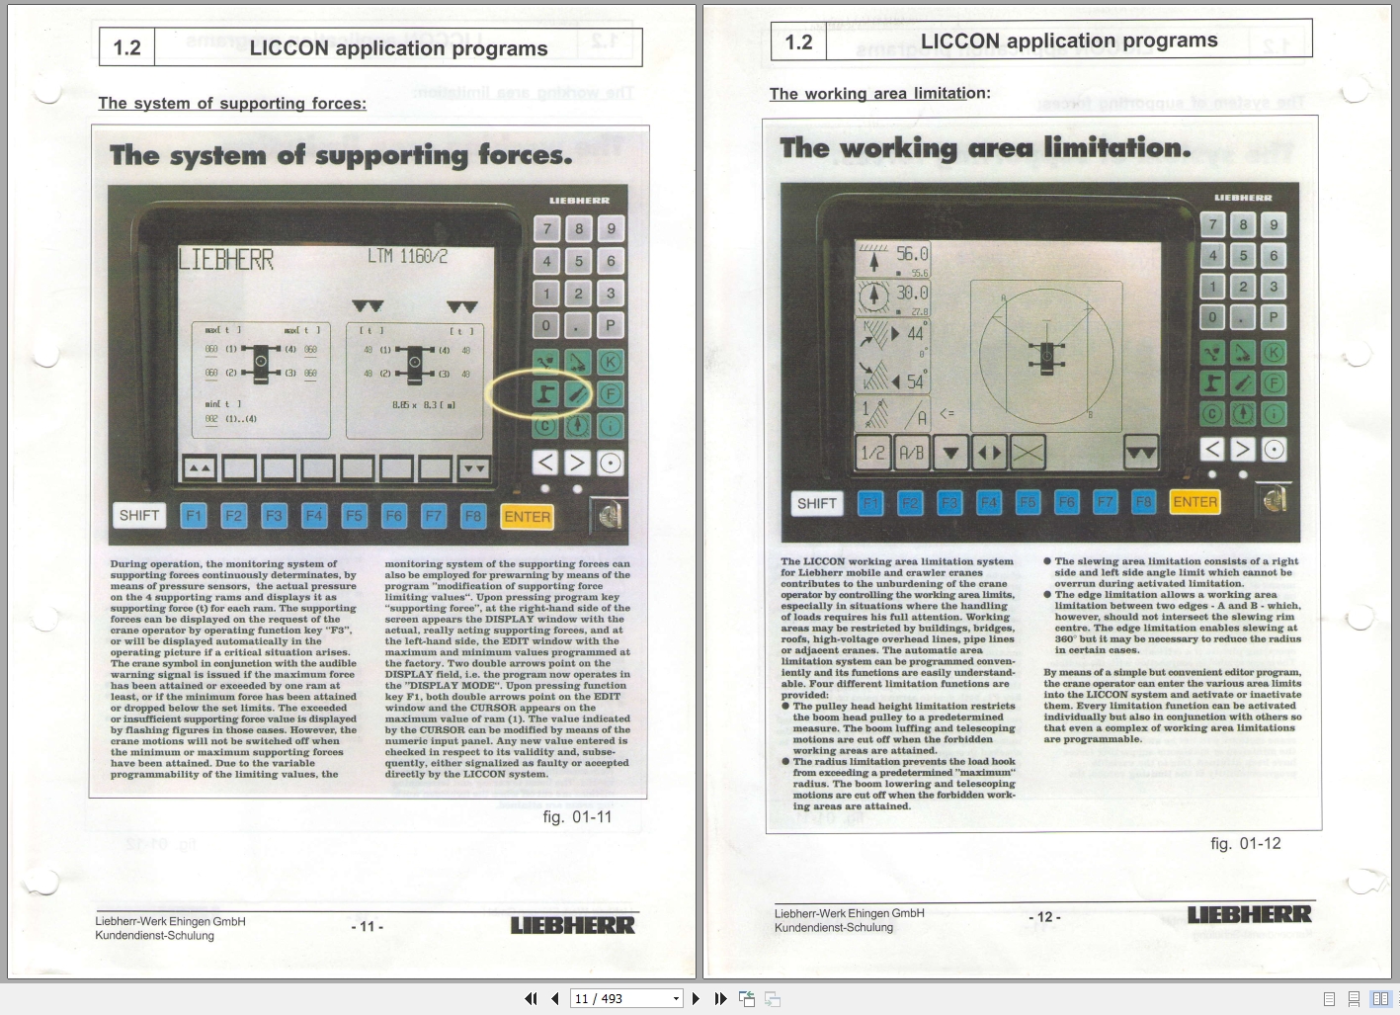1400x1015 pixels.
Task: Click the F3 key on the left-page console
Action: point(274,516)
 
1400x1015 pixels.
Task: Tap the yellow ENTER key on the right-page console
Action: point(1194,502)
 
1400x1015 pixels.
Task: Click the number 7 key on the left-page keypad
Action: point(547,229)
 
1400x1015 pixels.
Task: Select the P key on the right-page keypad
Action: point(1275,317)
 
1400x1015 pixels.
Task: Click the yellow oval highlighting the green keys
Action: point(538,394)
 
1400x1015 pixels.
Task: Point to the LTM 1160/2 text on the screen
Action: point(407,257)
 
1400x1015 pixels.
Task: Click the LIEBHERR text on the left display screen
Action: point(226,260)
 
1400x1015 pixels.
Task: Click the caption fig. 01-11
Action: point(577,817)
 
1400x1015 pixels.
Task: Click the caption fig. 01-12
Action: point(1245,843)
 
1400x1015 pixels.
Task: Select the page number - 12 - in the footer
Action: point(1044,917)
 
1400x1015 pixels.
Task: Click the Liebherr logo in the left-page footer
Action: point(572,925)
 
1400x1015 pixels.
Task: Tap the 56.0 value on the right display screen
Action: point(911,255)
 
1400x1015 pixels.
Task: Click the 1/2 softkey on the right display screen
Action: point(872,453)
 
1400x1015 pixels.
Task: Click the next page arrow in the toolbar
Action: point(696,998)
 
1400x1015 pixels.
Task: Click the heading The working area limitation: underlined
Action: point(879,94)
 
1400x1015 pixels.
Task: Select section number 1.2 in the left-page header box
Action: point(127,48)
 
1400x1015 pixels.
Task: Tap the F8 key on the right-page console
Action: point(1143,502)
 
